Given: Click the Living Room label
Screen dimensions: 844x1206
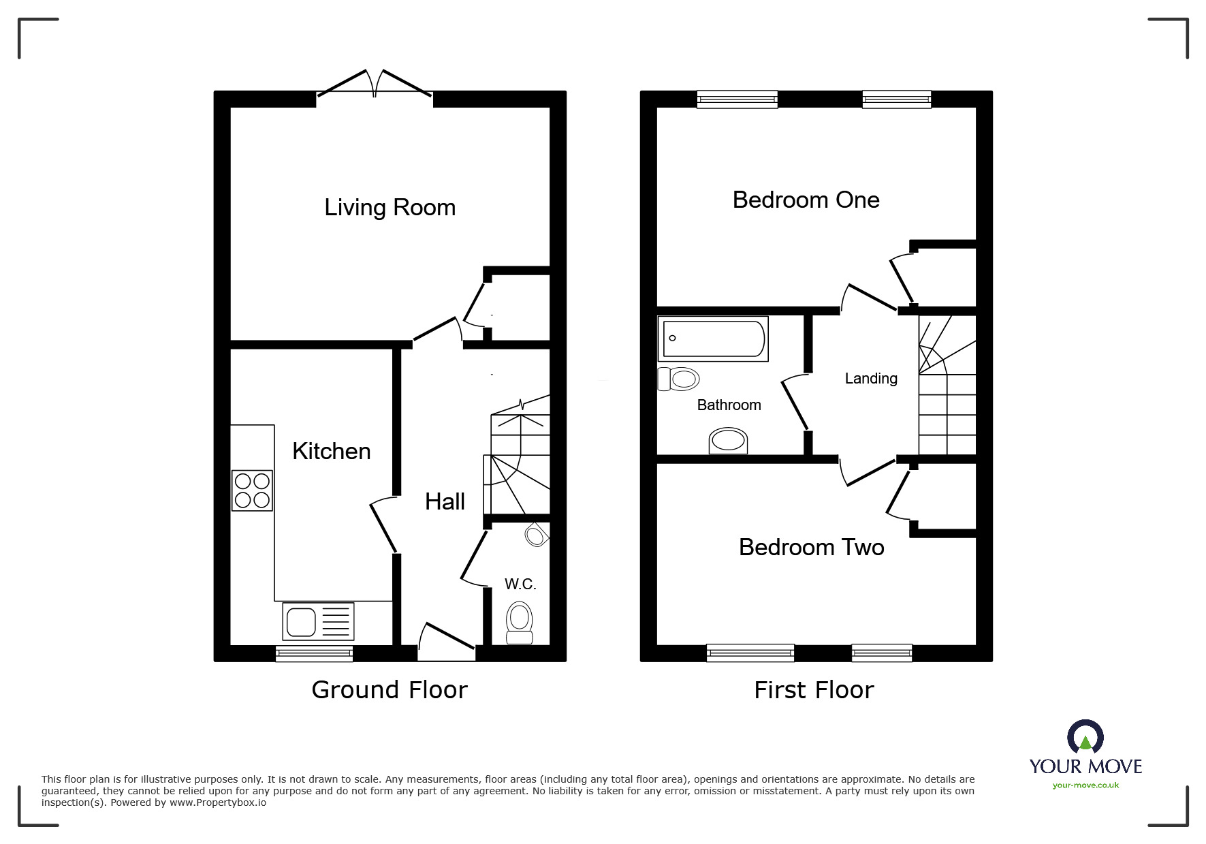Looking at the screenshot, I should (x=390, y=208).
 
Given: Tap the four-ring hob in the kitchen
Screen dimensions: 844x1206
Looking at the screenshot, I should (x=252, y=490).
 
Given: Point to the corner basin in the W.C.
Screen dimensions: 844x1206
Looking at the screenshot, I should (x=537, y=535).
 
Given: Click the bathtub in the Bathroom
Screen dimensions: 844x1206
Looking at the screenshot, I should (x=713, y=339).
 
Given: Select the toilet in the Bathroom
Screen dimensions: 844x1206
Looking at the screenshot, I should (x=679, y=379).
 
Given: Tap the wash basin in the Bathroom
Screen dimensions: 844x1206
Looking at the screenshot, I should (x=728, y=441).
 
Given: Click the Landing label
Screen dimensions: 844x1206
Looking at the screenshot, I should (x=870, y=379).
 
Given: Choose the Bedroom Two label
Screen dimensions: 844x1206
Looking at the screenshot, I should (x=811, y=548).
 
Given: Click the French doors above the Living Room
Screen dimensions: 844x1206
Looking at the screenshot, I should (x=374, y=85).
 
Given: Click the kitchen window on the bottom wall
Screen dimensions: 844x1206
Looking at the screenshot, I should (x=314, y=654).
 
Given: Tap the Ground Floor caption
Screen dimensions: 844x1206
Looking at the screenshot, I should (x=390, y=690).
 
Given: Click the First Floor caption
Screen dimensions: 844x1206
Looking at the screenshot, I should (x=814, y=690).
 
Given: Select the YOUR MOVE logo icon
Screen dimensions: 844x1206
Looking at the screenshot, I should (x=1085, y=738).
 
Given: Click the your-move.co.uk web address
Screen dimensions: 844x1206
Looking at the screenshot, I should (x=1085, y=785).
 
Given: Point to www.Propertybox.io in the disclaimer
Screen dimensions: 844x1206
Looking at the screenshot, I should (x=218, y=803).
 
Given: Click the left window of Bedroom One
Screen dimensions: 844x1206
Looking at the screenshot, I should (x=737, y=100).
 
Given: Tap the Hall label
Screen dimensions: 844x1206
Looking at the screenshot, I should (x=445, y=502).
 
